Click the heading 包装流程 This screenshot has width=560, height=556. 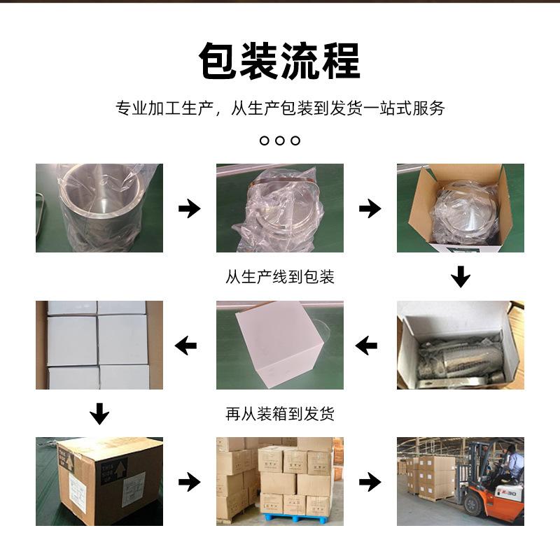(x=279, y=61)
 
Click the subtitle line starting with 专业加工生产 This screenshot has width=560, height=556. (x=280, y=108)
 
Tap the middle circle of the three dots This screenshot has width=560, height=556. (x=280, y=141)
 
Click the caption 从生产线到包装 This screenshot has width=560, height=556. (x=280, y=276)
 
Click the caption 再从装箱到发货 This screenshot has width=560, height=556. (x=280, y=413)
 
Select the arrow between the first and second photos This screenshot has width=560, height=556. (x=189, y=208)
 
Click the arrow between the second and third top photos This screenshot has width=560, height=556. (x=370, y=208)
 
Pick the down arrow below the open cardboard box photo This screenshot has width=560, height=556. (x=460, y=276)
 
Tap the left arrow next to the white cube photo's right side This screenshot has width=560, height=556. (x=366, y=345)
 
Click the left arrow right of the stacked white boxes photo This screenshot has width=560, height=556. (x=185, y=345)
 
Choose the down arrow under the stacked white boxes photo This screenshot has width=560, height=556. (x=99, y=413)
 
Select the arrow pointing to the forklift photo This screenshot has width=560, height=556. (x=370, y=481)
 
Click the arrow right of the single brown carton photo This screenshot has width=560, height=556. (x=189, y=481)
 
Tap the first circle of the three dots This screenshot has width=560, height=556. (x=265, y=141)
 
